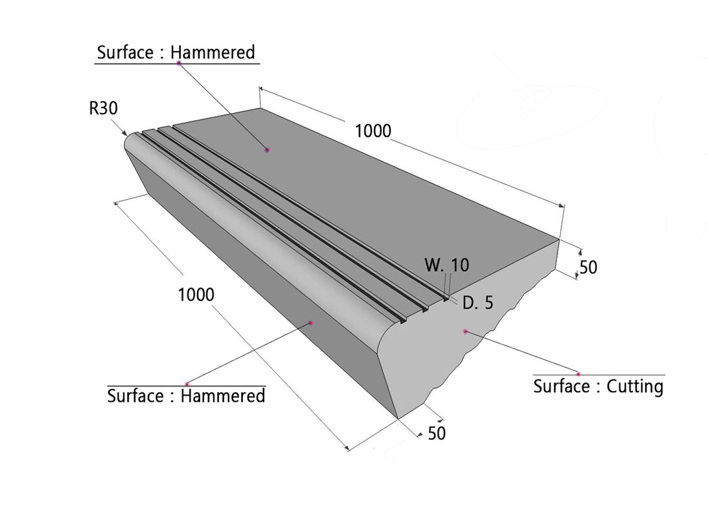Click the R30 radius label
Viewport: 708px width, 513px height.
103,108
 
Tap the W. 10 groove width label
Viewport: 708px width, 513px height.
447,265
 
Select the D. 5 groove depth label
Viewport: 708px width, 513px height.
477,302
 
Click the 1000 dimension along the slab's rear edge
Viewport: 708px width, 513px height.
373,131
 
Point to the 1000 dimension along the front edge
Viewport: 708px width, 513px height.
196,295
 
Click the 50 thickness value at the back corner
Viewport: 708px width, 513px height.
588,267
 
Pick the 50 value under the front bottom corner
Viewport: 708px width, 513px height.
437,434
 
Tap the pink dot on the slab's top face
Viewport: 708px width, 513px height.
267,150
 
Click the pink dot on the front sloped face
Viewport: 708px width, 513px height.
311,322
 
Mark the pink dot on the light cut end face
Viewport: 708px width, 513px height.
464,331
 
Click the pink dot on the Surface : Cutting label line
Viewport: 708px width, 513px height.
579,374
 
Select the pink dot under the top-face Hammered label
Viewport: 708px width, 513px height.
178,63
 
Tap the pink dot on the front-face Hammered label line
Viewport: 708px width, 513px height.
187,384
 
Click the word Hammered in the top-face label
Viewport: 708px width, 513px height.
213,52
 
